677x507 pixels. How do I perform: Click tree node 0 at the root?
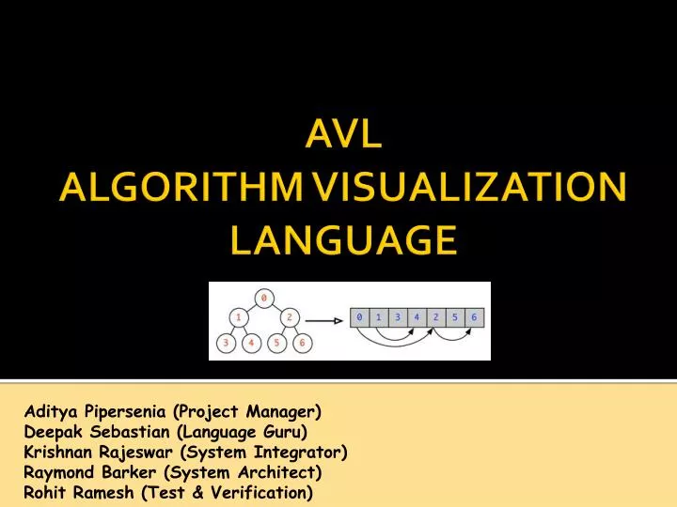coord(264,298)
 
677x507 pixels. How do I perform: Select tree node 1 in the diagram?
coord(241,317)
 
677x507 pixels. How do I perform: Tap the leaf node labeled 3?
coord(226,343)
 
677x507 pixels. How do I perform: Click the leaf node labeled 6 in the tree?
coord(303,343)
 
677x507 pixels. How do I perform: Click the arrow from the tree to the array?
coord(330,318)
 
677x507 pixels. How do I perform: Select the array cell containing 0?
coord(359,318)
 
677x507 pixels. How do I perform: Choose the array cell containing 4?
coord(417,318)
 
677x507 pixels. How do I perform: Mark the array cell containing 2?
coord(436,318)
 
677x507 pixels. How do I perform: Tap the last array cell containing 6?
coord(475,318)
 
